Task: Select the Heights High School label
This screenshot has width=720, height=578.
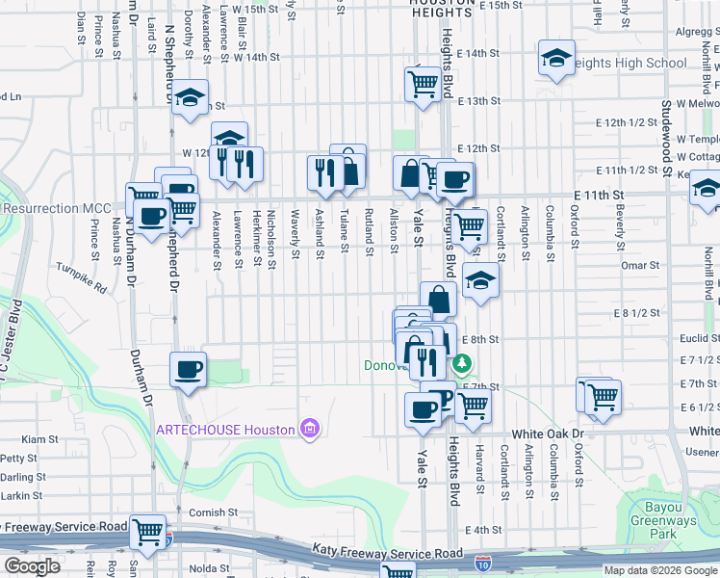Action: [631, 64]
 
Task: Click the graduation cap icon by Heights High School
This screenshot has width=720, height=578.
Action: [556, 59]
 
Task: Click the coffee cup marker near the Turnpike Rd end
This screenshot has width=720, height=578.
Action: [188, 370]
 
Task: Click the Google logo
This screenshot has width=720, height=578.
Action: [32, 566]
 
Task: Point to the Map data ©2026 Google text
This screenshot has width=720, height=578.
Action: [659, 570]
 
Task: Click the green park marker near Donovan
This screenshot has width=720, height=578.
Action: [463, 364]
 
